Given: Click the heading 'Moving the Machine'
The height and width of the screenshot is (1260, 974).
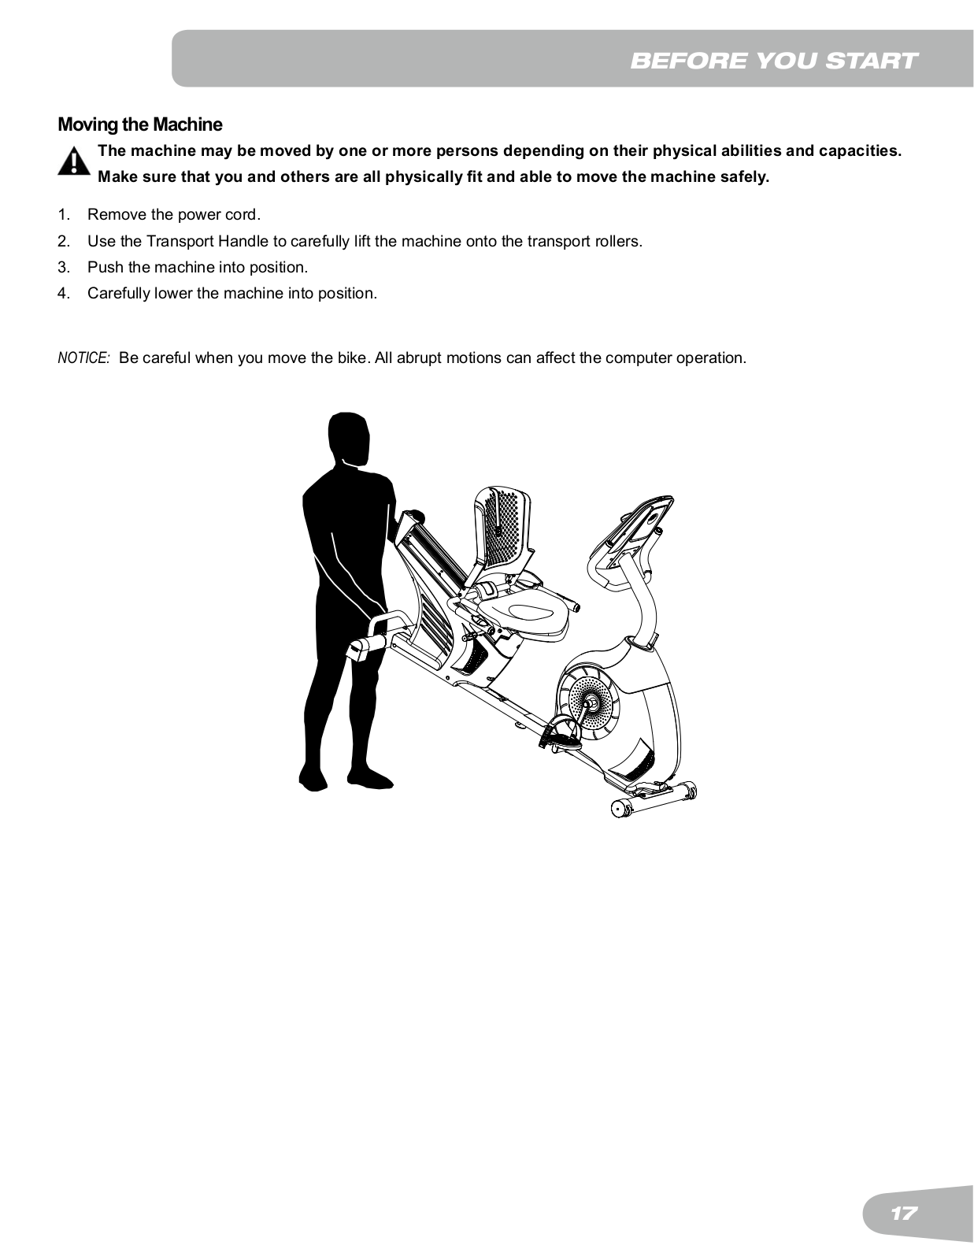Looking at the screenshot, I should pos(140,124).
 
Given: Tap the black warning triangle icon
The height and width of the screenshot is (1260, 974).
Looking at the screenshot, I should pos(73,161).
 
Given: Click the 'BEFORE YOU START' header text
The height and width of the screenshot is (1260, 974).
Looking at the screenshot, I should pos(773,61).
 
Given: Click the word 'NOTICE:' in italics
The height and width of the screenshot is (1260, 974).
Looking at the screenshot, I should pos(83,358).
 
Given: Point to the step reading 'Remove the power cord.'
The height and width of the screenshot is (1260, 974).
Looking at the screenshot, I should pos(173,214).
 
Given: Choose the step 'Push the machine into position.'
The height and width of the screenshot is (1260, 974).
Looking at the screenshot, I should pos(197,267).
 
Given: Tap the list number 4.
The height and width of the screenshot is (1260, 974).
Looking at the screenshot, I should pos(64,293).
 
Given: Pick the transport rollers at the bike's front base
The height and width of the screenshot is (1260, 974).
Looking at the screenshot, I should pos(654,799).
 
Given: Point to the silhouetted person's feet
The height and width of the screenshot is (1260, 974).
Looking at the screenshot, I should pos(346,777).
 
